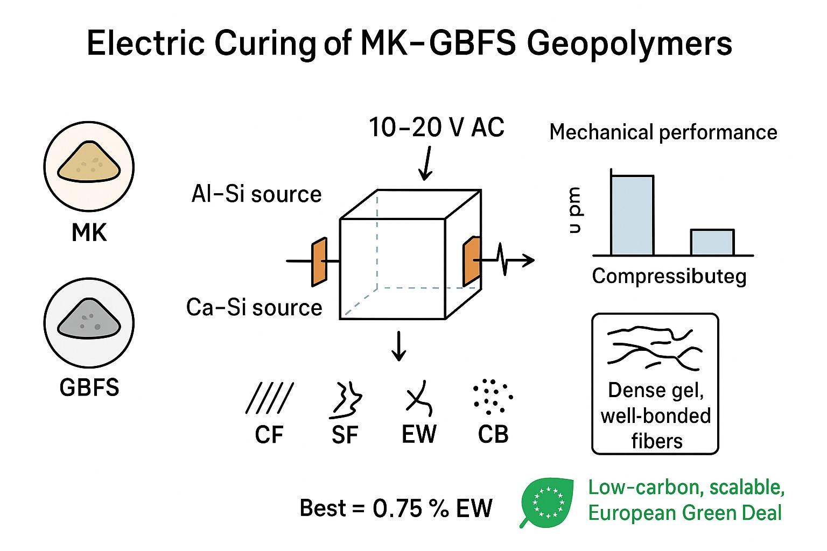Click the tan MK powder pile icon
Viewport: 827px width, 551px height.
click(x=89, y=162)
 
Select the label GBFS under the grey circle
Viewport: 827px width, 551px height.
click(x=89, y=387)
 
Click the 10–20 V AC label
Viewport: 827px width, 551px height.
click(x=436, y=128)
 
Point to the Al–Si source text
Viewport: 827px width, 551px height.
click(x=256, y=194)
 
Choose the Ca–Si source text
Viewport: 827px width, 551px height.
click(x=254, y=308)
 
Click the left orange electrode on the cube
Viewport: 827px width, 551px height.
click(x=319, y=262)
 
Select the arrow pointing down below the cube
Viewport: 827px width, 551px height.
click(x=398, y=346)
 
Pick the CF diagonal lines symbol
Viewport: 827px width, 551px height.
click(x=269, y=398)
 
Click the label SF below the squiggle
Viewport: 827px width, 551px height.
click(x=345, y=435)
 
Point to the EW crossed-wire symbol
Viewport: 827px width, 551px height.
click(x=419, y=399)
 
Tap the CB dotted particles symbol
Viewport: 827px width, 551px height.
click(x=492, y=397)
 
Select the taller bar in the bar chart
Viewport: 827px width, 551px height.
click(x=632, y=215)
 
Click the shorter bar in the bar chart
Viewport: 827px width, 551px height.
click(x=712, y=242)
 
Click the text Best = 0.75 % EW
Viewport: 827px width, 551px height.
click(x=396, y=508)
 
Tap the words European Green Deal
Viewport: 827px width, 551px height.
click(x=685, y=513)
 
